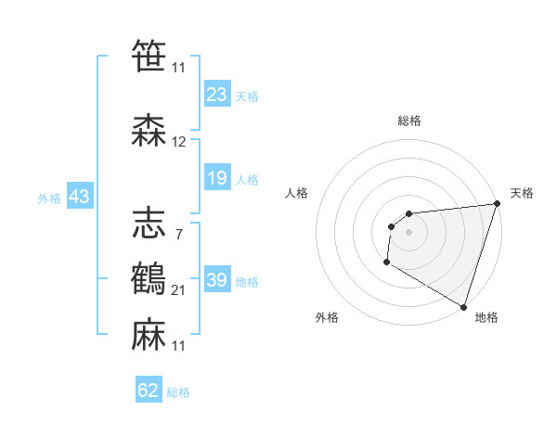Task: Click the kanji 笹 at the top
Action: [x=149, y=55]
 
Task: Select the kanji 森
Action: [x=149, y=130]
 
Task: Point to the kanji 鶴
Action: [x=149, y=276]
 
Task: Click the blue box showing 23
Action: [x=217, y=95]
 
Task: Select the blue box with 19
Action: [x=217, y=178]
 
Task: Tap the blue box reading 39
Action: [x=217, y=280]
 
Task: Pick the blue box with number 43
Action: [x=79, y=197]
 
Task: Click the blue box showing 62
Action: [x=149, y=391]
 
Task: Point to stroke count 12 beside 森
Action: [x=179, y=142]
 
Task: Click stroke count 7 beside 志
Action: [x=178, y=233]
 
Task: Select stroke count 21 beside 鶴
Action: [x=179, y=290]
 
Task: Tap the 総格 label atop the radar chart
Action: [x=409, y=122]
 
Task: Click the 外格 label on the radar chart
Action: [x=327, y=318]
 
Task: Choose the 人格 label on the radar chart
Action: [x=297, y=193]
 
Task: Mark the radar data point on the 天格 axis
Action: [x=497, y=204]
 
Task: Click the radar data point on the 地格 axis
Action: [x=463, y=306]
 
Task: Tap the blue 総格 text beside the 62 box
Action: [x=178, y=392]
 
